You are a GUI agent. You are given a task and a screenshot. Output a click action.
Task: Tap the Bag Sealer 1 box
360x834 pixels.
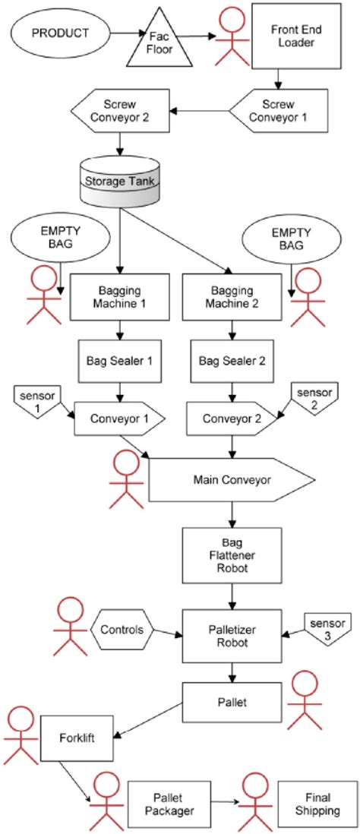click(x=118, y=361)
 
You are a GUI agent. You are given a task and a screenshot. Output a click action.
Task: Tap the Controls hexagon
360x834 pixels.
click(x=122, y=630)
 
